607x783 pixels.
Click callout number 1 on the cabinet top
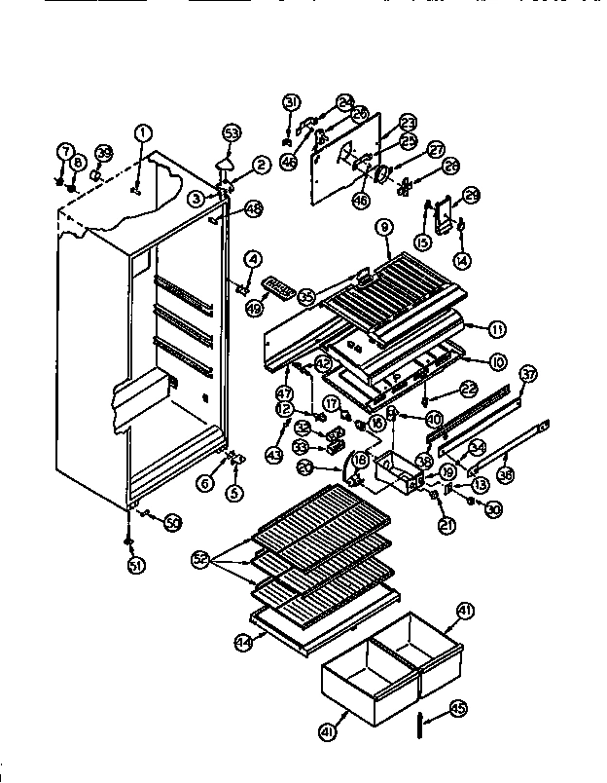coord(143,133)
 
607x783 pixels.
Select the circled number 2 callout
coord(260,165)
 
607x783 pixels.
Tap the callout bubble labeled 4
coord(253,260)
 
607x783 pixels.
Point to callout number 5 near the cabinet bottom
coord(233,492)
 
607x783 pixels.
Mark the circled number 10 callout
coord(498,362)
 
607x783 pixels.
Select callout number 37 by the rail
coord(528,375)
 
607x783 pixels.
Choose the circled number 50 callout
coord(173,523)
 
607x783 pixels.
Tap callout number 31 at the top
coord(291,102)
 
